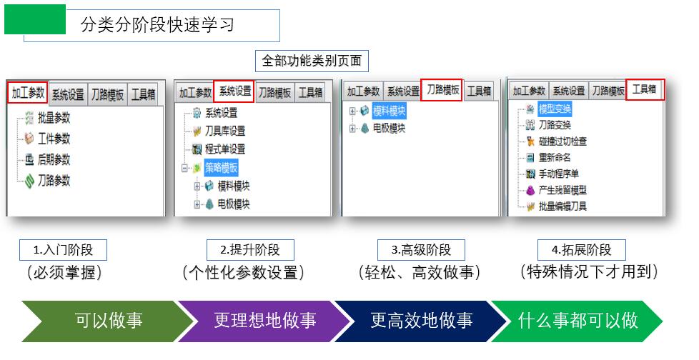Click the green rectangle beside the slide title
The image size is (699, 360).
coord(35,19)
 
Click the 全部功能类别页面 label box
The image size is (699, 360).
coord(312,61)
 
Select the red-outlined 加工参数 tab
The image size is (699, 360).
coord(28,93)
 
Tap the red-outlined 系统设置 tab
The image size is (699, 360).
coord(234,91)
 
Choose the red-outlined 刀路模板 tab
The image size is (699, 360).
coord(441,90)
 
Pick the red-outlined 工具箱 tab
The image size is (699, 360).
coord(645,89)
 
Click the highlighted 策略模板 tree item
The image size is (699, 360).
coord(221,168)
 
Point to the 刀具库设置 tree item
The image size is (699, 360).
coord(219,131)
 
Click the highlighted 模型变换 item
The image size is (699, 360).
coord(555,109)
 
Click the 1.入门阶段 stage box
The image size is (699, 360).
coord(63,250)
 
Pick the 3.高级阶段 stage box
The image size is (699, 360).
coord(421,250)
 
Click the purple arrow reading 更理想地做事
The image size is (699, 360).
coord(264,321)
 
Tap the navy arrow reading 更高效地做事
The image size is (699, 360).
coord(421,321)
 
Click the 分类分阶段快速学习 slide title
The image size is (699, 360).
coord(157,24)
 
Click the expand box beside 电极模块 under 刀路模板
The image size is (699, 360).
coord(352,129)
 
